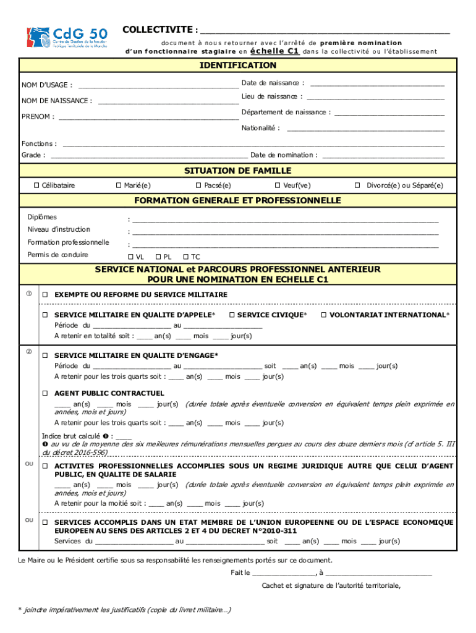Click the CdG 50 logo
coord(67,38)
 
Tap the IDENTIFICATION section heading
coord(238,66)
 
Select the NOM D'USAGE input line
coord(158,85)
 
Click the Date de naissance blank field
coord(377,83)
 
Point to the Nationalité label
coord(260,128)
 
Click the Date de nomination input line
coord(383,155)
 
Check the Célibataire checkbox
coord(36,185)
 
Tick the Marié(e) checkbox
coord(119,185)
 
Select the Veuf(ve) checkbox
coord(278,185)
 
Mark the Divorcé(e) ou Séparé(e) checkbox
coord(357,185)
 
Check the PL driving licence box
coord(158,257)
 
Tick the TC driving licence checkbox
coord(185,257)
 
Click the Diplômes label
coord(42,217)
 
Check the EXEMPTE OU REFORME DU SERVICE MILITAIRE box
coord(45,295)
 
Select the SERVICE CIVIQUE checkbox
coord(231,315)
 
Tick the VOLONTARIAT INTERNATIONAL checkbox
coord(323,315)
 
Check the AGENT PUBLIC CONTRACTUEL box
coord(45,393)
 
